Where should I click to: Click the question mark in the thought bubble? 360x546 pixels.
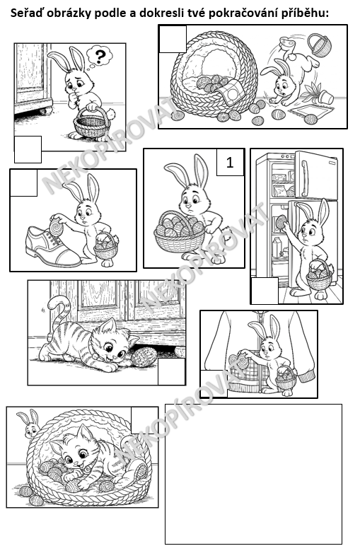pos(100,57)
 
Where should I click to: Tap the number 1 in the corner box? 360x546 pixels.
pos(230,162)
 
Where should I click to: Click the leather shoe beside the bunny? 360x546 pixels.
pos(52,246)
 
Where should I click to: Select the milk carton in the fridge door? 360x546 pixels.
pos(277,247)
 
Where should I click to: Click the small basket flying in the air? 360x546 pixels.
pos(319,45)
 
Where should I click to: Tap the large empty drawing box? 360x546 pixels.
pos(253,474)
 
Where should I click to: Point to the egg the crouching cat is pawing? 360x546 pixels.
pos(143,356)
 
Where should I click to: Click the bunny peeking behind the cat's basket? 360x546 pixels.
pos(30,423)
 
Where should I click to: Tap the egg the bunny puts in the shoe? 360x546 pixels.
pos(57,228)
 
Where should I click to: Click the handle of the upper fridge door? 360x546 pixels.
pos(305,178)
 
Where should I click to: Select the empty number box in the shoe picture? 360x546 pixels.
pos(23,182)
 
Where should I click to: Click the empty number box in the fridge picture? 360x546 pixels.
pos(265,291)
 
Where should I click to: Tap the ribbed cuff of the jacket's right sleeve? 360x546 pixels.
pos(306,377)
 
